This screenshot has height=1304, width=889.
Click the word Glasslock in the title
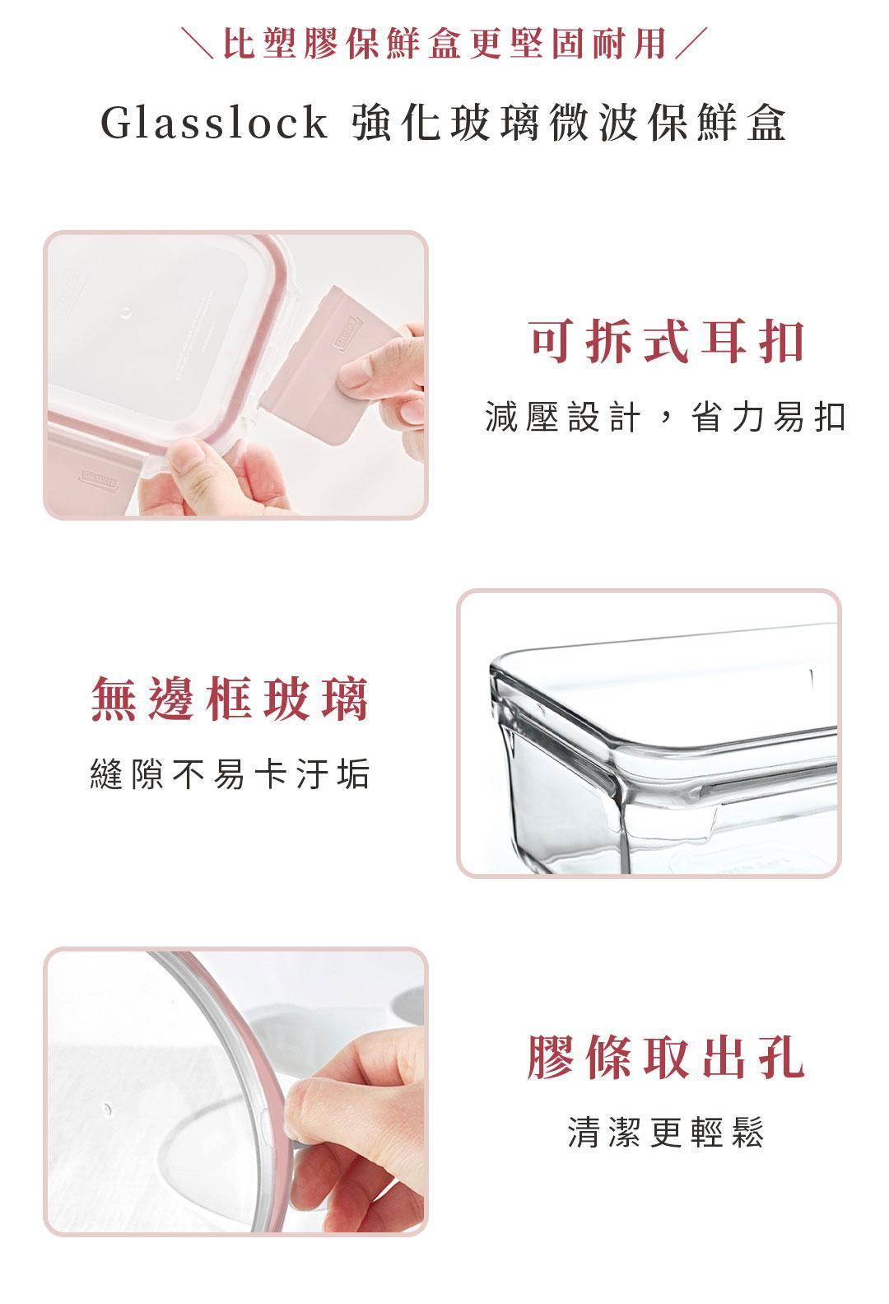point(214,123)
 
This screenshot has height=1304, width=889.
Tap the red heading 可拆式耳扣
point(667,342)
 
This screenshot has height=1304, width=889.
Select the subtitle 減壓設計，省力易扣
point(666,418)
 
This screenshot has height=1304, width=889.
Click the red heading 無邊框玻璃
point(230,699)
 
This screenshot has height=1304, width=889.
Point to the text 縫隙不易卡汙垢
point(230,774)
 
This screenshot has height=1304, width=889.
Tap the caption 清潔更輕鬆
point(666,1133)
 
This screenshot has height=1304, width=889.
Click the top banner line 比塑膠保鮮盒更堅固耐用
point(445,43)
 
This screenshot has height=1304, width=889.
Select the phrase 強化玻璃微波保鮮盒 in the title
point(569,123)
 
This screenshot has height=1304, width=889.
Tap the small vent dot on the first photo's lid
point(125,314)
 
